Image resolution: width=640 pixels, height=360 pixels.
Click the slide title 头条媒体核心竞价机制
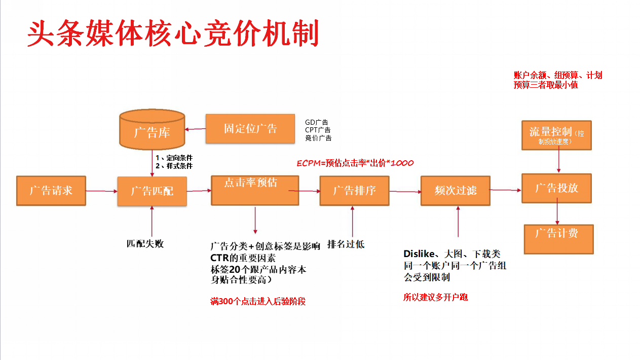(x=173, y=34)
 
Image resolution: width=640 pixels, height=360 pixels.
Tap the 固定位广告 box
(x=250, y=128)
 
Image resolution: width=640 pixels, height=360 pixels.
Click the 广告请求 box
(x=51, y=191)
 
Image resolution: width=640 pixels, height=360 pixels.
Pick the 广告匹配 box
(x=152, y=191)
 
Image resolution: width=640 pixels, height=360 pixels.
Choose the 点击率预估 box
(x=255, y=190)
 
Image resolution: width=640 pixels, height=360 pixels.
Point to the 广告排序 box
(x=354, y=191)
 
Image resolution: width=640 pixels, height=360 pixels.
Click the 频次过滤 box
(x=455, y=191)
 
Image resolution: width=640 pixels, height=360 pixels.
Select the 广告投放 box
(x=557, y=188)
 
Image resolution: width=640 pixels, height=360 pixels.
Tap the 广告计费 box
(x=558, y=239)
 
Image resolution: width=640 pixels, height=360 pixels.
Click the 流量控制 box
(x=556, y=135)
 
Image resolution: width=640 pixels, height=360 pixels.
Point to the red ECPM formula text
(x=355, y=163)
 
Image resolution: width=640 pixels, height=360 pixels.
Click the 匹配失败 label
(x=145, y=243)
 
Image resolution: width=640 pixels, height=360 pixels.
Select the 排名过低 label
(x=346, y=244)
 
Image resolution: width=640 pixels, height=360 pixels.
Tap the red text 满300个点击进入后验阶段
(x=258, y=301)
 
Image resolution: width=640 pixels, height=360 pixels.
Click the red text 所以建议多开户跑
(x=435, y=297)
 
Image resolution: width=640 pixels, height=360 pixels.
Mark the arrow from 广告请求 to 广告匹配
(x=102, y=191)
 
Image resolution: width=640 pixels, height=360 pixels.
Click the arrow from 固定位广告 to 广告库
(x=195, y=129)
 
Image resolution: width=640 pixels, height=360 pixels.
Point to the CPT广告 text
(x=318, y=130)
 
